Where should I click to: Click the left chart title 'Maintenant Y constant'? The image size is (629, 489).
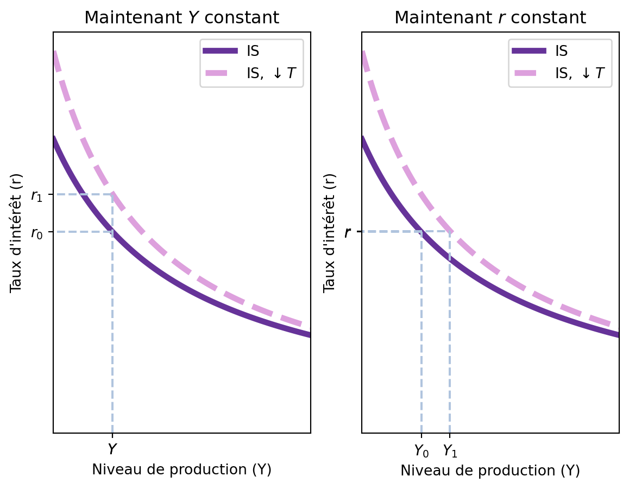tap(181, 18)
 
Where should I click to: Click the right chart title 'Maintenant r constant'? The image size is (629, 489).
tap(490, 18)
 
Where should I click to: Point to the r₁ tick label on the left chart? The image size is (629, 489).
tap(37, 196)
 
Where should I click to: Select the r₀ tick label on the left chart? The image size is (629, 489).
tap(37, 233)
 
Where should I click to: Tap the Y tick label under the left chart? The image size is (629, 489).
tap(112, 449)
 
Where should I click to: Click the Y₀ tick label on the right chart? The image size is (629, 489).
tap(422, 450)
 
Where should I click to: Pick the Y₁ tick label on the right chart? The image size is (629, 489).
tap(450, 450)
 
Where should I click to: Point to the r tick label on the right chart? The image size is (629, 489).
tap(348, 232)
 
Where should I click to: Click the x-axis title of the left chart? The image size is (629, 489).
tap(181, 469)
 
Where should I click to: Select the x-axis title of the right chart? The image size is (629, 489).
tap(490, 471)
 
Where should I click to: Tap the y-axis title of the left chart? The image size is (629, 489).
tap(17, 232)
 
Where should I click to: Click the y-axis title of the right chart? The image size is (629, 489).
tap(329, 232)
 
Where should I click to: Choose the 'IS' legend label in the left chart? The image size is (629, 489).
tap(253, 51)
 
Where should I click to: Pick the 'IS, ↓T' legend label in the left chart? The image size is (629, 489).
tap(272, 73)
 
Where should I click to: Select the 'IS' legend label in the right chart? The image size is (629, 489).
tap(561, 51)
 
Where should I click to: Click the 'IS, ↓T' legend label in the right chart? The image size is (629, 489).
tap(580, 73)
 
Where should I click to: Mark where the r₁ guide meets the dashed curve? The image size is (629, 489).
tap(112, 194)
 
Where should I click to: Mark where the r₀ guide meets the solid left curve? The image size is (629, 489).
tap(112, 232)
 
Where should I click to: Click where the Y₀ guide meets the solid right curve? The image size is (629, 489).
tap(422, 232)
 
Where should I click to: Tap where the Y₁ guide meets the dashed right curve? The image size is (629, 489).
tap(450, 232)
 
